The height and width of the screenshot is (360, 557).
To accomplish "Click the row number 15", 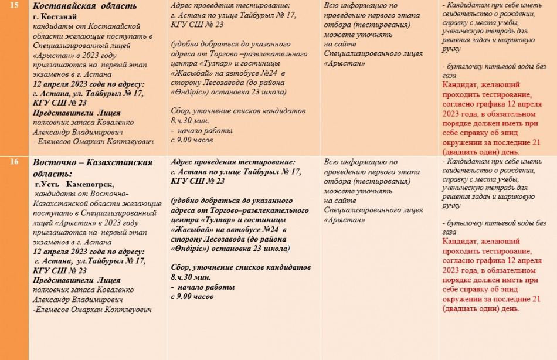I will pos(14,6).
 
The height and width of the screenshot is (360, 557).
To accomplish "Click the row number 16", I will pos(14,162).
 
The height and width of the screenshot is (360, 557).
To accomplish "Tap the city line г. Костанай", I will pos(56,16).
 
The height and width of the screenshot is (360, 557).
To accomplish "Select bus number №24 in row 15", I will pos(268,73).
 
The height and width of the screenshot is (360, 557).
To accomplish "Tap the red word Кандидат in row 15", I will pos(467,86).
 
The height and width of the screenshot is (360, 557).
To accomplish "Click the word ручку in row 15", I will pos(452,50).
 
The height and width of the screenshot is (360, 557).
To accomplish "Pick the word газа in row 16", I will pos(449,232).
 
